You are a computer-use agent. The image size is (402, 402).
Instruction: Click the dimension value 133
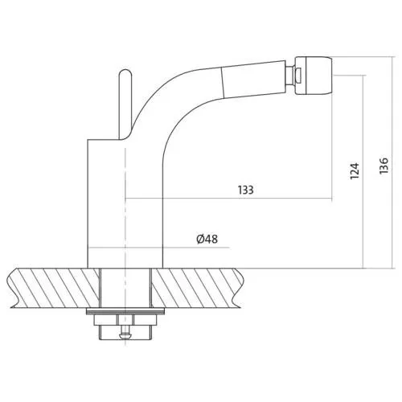coord(245,190)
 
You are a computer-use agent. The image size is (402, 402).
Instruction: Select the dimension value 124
coord(355,170)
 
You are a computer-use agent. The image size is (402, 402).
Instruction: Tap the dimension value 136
coord(384,166)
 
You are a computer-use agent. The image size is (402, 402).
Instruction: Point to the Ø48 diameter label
coord(207,239)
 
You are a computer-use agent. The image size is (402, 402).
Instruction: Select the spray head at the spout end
coord(314,76)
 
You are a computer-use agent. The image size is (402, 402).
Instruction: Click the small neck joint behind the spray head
coord(290,76)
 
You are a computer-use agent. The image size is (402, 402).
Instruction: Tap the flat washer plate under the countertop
coord(125,311)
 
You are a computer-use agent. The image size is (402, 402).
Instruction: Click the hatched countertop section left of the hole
coord(54,288)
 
